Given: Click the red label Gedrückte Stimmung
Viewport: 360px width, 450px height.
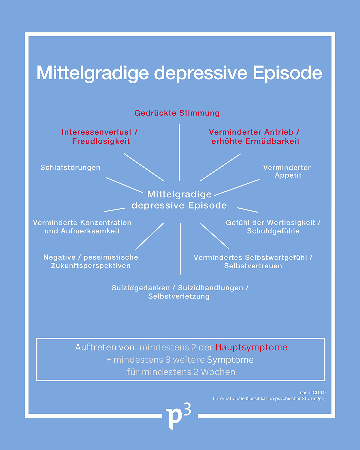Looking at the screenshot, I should tap(177, 113).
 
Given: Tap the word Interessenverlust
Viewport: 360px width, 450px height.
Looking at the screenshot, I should tap(97, 132).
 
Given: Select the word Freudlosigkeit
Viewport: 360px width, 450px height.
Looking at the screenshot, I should tap(101, 141).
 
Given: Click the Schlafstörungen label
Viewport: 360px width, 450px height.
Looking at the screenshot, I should tap(70, 167).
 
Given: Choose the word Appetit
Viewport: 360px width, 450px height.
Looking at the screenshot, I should tap(288, 175).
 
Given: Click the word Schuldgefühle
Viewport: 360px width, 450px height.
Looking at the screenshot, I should tap(273, 231).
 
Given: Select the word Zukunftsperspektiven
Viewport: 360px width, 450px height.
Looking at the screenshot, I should tap(91, 266).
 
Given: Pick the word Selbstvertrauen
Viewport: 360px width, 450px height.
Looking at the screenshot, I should tap(253, 266).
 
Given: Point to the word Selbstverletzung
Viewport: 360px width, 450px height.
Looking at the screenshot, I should tap(179, 296).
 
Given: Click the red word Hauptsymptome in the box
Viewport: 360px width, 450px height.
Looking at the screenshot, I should tap(251, 347).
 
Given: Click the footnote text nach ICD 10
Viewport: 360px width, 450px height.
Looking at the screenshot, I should tap(313, 393).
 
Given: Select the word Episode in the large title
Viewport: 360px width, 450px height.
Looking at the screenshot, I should tap(287, 73).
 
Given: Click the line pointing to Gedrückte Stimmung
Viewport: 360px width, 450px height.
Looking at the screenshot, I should tap(179, 152).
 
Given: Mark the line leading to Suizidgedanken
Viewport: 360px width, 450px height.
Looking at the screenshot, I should tap(180, 249).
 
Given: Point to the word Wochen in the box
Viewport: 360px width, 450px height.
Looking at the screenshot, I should tap(218, 372).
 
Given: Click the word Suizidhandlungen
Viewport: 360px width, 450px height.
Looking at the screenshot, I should tap(210, 288).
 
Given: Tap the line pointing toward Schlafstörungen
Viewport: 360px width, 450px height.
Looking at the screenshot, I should tap(124, 185).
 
